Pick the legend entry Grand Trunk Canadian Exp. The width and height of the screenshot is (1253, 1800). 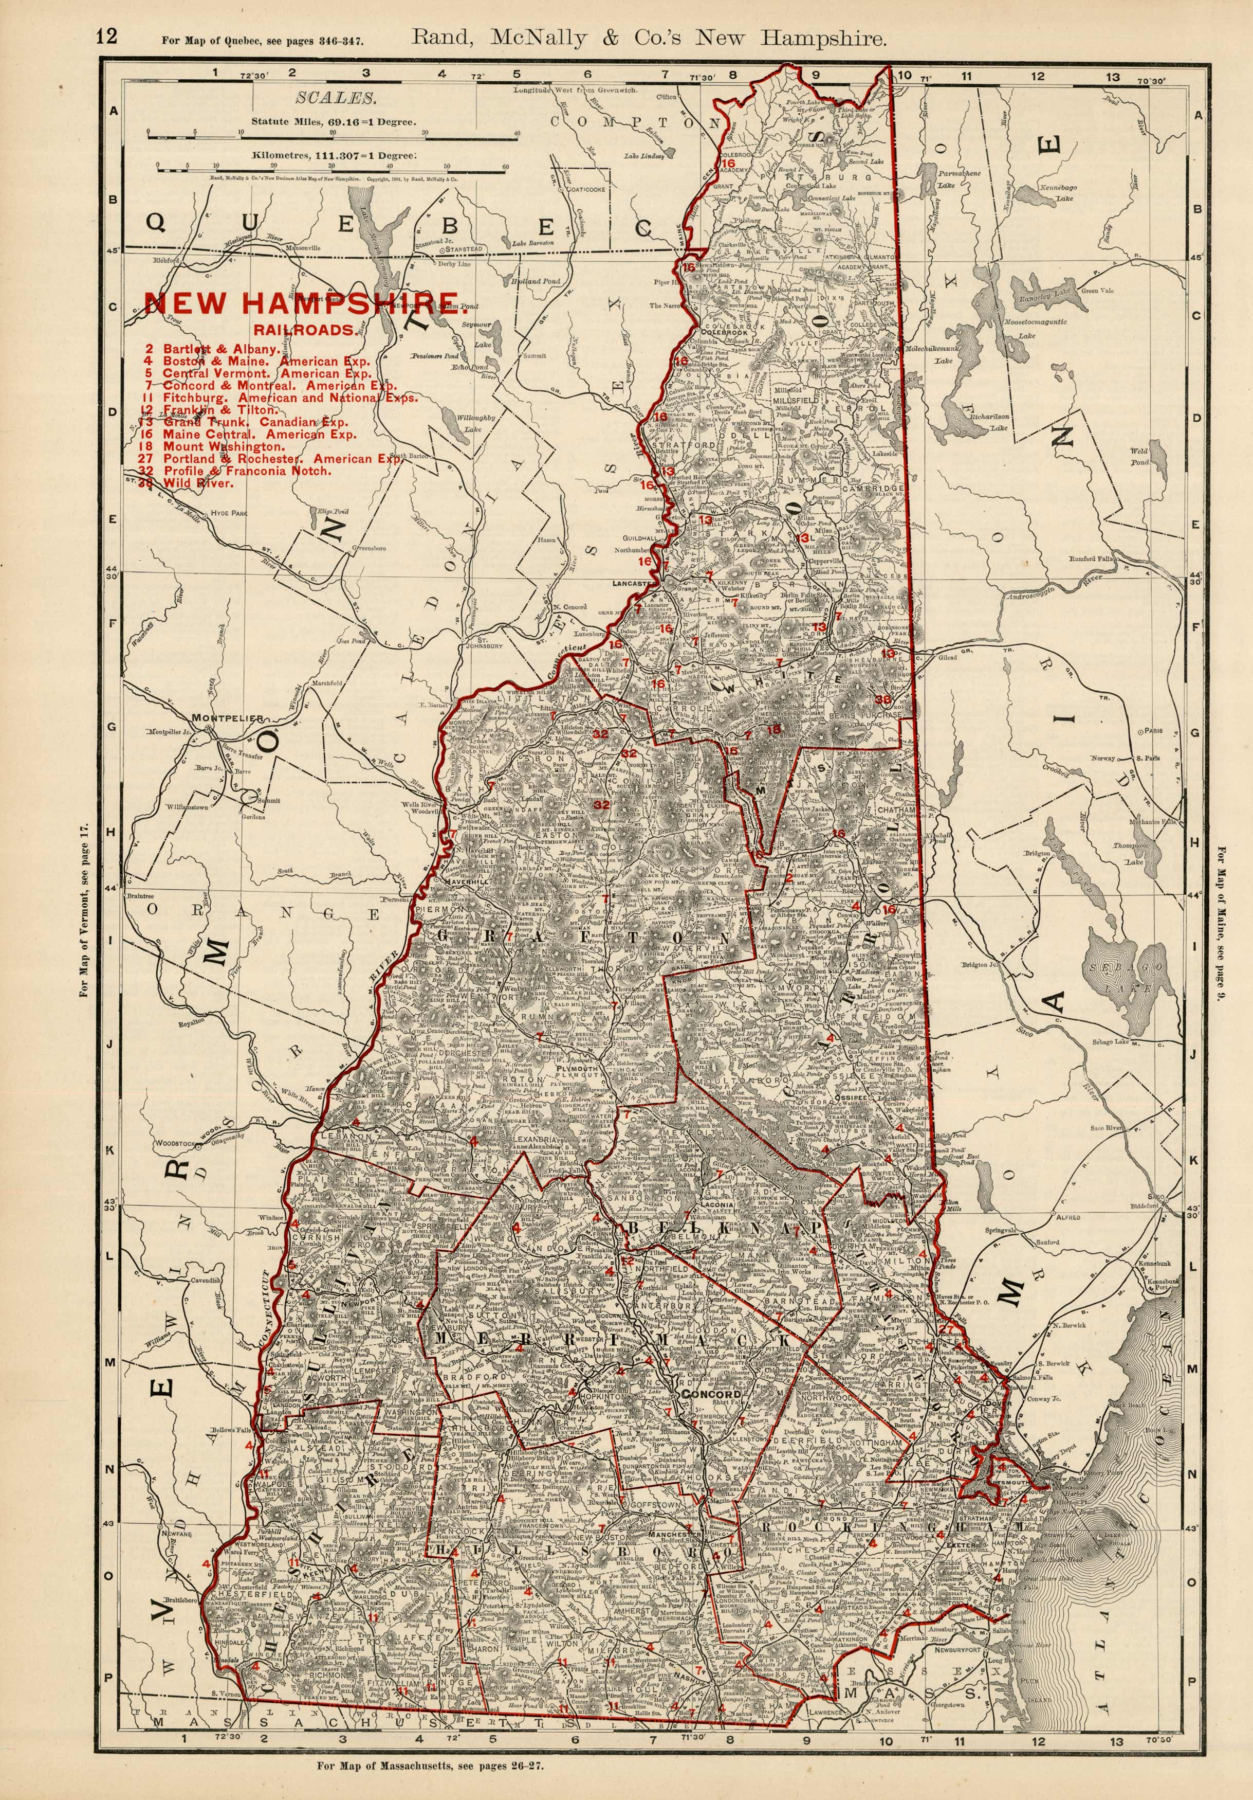(255, 422)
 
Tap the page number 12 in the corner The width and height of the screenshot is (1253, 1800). (106, 37)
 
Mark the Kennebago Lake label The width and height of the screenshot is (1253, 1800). (1056, 194)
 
